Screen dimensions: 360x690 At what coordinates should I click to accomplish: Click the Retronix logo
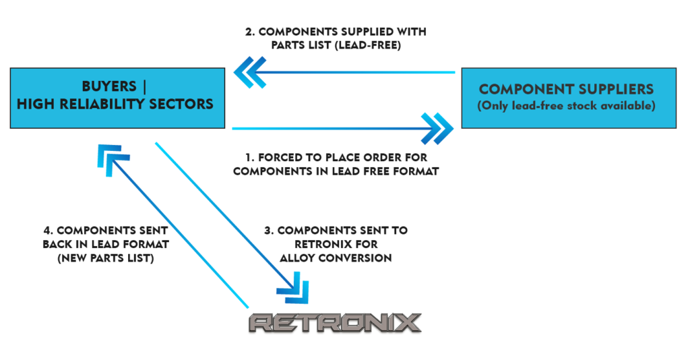[x=336, y=322]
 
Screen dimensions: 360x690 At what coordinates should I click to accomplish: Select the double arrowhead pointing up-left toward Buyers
[x=108, y=156]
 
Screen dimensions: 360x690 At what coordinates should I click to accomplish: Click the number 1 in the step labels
[x=249, y=157]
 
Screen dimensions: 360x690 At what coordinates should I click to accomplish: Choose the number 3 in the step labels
[x=268, y=231]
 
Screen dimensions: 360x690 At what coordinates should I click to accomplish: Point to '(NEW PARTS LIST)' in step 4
[x=99, y=258]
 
